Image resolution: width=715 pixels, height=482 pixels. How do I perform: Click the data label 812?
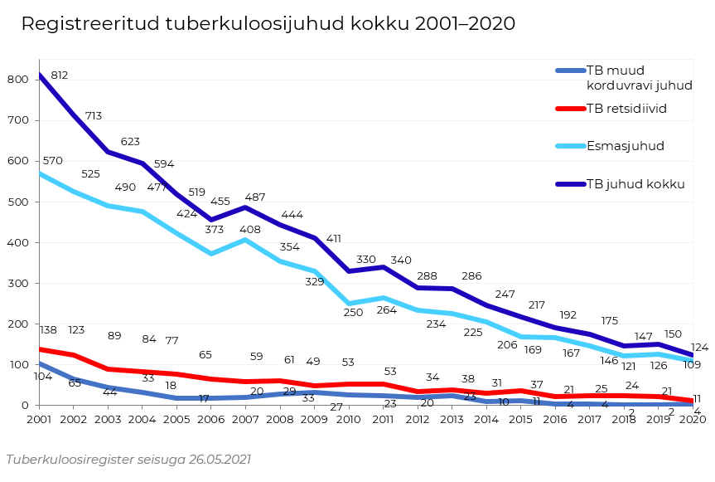coord(59,75)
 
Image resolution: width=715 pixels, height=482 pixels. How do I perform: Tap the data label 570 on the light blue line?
coord(52,161)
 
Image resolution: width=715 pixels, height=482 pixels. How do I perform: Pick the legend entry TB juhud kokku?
coord(635,184)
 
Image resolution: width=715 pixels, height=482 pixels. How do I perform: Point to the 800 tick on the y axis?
coord(18,80)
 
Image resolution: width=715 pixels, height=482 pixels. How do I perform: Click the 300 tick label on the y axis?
coord(18,284)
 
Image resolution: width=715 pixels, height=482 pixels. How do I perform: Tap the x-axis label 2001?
coord(39,420)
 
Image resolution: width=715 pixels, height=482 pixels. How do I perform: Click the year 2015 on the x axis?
coord(519,420)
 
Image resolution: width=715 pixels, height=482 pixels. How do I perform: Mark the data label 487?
coord(254,197)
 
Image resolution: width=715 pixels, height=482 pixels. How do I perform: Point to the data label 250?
coord(354,313)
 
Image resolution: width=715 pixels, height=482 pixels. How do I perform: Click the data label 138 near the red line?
coord(48,330)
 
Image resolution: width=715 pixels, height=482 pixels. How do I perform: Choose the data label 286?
coord(471,276)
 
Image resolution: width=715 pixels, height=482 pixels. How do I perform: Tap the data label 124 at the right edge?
coord(699,348)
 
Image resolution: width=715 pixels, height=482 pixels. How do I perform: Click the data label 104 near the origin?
coord(43,376)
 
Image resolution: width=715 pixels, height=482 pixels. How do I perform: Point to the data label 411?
coord(334,239)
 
